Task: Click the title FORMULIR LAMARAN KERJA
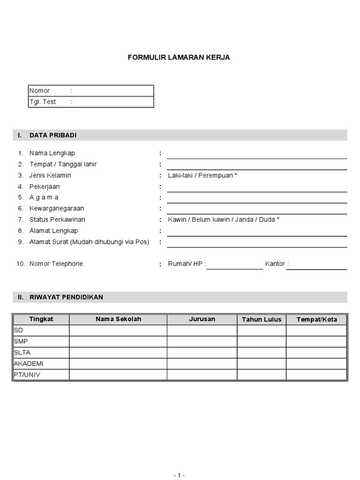pyautogui.click(x=179, y=58)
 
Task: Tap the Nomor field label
pyautogui.click(x=39, y=90)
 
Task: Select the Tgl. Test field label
pyautogui.click(x=43, y=102)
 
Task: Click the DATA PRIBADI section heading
pyautogui.click(x=52, y=135)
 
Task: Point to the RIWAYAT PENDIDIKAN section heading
pyautogui.click(x=66, y=297)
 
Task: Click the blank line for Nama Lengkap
pyautogui.click(x=257, y=155)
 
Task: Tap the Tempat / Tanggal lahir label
pyautogui.click(x=63, y=164)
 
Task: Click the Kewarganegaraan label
pyautogui.click(x=57, y=208)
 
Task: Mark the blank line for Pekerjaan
pyautogui.click(x=257, y=188)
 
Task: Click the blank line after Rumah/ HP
pyautogui.click(x=234, y=266)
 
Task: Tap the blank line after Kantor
pyautogui.click(x=319, y=266)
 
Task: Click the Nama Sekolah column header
pyautogui.click(x=118, y=319)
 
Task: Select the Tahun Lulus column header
pyautogui.click(x=262, y=320)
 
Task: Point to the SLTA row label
pyautogui.click(x=22, y=352)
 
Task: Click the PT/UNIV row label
pyautogui.click(x=27, y=375)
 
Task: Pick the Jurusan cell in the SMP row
pyautogui.click(x=202, y=341)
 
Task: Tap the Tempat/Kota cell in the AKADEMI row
pyautogui.click(x=316, y=363)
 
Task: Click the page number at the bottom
pyautogui.click(x=179, y=475)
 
